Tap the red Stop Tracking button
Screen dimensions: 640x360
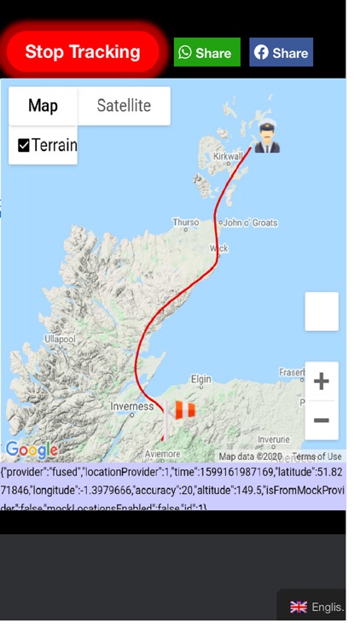(83, 52)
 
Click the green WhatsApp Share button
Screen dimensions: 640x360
(206, 52)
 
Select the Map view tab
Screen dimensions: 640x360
(43, 106)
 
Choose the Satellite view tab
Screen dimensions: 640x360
(124, 106)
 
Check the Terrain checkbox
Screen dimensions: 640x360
(24, 145)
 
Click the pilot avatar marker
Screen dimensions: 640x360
(267, 137)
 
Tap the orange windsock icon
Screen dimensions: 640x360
(183, 411)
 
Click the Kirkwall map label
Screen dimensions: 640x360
(228, 157)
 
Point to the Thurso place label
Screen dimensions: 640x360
(185, 222)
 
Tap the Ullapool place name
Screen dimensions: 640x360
(60, 339)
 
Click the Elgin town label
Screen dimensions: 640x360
(200, 379)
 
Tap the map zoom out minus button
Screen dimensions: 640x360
(321, 420)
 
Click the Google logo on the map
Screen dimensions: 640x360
(31, 450)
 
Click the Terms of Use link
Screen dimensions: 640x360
(316, 457)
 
